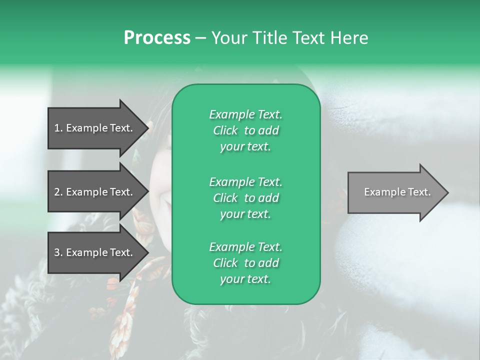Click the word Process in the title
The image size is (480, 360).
point(157,38)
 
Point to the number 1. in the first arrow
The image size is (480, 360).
point(58,128)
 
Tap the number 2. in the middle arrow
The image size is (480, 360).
point(58,192)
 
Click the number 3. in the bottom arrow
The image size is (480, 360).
point(58,252)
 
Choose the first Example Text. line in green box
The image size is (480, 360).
point(245,114)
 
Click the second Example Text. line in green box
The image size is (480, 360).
point(245,181)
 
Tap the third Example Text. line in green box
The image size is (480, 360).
point(245,247)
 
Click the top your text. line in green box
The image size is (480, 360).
point(245,147)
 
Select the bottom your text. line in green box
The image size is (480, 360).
point(245,279)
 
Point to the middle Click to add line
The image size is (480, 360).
point(245,198)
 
